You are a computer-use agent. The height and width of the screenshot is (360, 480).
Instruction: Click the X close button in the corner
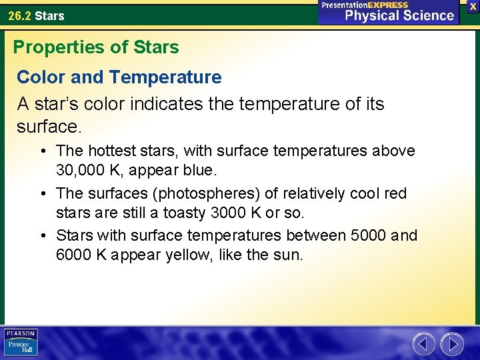pyautogui.click(x=473, y=6)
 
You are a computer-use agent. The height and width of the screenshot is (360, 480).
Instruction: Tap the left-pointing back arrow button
pyautogui.click(x=424, y=344)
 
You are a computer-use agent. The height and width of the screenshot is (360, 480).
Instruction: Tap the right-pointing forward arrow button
pyautogui.click(x=452, y=344)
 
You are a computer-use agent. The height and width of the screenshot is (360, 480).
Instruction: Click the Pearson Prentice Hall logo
pyautogui.click(x=21, y=343)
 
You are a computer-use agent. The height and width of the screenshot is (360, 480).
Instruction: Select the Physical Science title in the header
pyautogui.click(x=399, y=15)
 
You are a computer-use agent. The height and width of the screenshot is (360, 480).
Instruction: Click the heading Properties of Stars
pyautogui.click(x=96, y=47)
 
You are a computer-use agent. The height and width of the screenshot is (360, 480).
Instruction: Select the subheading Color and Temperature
pyautogui.click(x=119, y=77)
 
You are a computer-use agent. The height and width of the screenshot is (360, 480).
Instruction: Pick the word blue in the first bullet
pyautogui.click(x=198, y=170)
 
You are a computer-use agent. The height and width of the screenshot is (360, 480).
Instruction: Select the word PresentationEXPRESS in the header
pyautogui.click(x=365, y=5)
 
